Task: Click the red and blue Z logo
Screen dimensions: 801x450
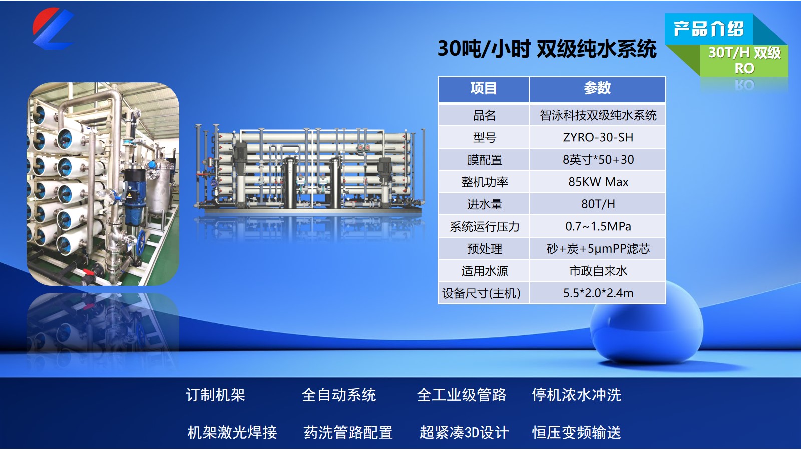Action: click(53, 28)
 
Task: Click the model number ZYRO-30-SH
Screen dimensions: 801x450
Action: click(598, 137)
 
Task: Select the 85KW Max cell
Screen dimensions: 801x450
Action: click(598, 182)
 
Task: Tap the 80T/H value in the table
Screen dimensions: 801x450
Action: click(598, 204)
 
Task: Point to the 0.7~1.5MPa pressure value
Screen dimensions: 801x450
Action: click(598, 226)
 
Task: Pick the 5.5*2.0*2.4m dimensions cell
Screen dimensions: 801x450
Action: click(598, 293)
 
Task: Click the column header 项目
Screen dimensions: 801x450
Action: click(483, 88)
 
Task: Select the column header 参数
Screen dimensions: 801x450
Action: click(597, 88)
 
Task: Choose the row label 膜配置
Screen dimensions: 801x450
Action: click(484, 160)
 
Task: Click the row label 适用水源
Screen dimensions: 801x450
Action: click(484, 271)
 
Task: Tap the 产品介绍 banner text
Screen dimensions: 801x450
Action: click(709, 29)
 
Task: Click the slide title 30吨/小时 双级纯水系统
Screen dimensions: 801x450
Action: click(547, 49)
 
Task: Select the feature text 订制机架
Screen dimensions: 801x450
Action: click(215, 395)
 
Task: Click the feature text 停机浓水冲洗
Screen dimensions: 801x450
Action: click(576, 395)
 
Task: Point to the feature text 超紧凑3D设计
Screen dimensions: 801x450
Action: click(464, 432)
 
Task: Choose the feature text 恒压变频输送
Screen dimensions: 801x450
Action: click(576, 432)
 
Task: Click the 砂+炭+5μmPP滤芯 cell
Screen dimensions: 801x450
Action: click(598, 249)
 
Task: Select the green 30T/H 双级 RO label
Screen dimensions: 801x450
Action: click(744, 60)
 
